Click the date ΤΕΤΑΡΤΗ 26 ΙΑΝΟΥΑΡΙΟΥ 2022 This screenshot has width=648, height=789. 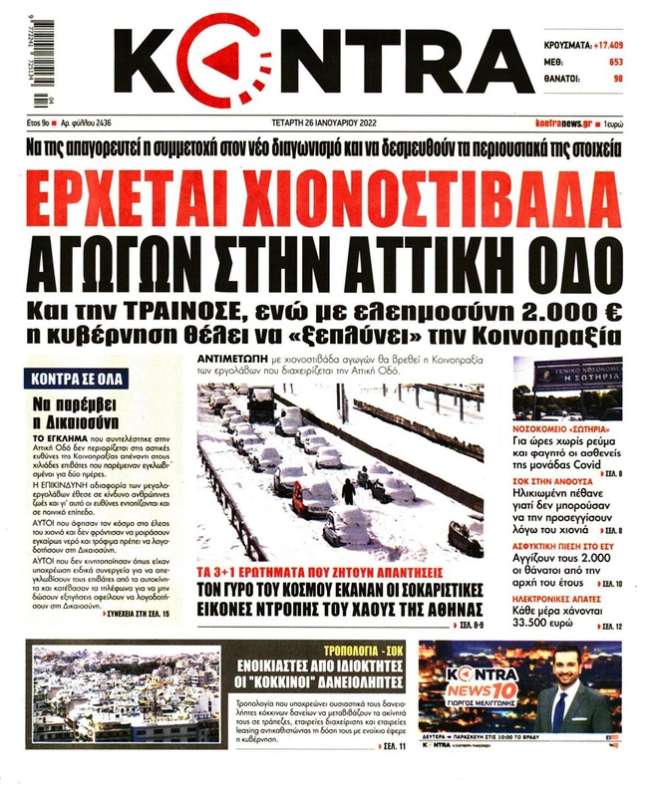coord(316,123)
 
